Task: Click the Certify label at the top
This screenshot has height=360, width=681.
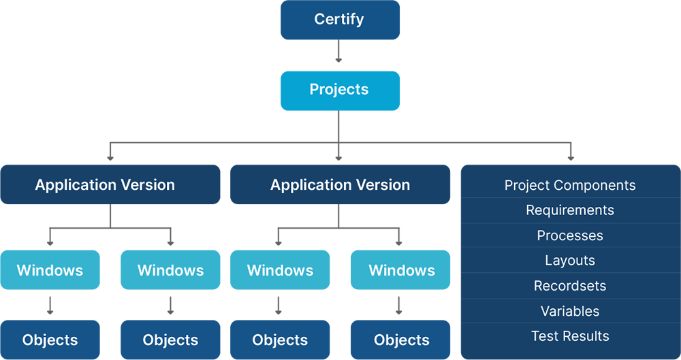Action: click(x=338, y=19)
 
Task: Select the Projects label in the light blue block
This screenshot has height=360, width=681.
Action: click(x=338, y=89)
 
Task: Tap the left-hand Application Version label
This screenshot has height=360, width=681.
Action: click(x=105, y=185)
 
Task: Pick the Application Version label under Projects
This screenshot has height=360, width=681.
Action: click(x=340, y=185)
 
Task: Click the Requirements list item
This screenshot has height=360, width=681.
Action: click(x=570, y=210)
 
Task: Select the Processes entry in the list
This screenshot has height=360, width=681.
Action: click(x=570, y=235)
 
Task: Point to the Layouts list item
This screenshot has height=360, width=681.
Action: click(x=570, y=261)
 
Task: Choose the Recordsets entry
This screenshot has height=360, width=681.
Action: click(x=570, y=286)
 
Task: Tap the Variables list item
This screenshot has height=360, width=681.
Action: click(x=570, y=311)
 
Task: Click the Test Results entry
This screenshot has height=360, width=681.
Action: click(x=570, y=336)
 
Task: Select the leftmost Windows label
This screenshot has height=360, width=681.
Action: click(x=50, y=270)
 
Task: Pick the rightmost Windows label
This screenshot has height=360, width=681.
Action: click(x=402, y=270)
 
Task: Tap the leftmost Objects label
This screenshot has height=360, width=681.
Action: click(x=50, y=340)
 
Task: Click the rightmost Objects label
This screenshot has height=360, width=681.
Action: click(x=402, y=340)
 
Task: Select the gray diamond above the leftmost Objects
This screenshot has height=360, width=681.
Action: click(x=48, y=305)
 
